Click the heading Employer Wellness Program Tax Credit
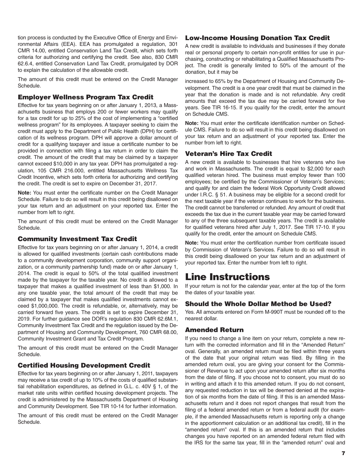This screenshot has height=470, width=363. pos(86,97)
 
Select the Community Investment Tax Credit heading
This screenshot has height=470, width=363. pos(77,239)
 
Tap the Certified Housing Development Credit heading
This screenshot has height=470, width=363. pos(84,365)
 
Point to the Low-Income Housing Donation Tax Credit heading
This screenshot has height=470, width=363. pos(257,38)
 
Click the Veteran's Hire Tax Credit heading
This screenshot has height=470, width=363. pos(228,154)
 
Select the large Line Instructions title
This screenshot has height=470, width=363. pos(227,277)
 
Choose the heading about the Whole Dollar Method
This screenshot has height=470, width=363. pos(258,304)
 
